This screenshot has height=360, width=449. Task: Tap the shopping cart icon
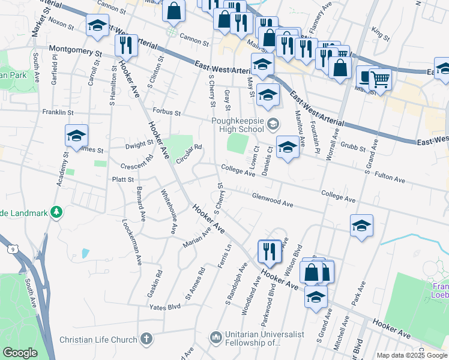[379, 78]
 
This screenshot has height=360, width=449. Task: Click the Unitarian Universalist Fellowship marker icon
[216, 338]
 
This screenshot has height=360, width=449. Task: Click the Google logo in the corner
[19, 353]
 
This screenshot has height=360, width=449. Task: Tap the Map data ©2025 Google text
[411, 355]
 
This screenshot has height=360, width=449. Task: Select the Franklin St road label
[58, 112]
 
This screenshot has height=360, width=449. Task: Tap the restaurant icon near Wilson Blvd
[270, 251]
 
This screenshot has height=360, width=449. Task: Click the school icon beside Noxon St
[97, 26]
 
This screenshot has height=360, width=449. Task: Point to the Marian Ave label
[196, 239]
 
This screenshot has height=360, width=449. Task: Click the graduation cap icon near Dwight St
[77, 136]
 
